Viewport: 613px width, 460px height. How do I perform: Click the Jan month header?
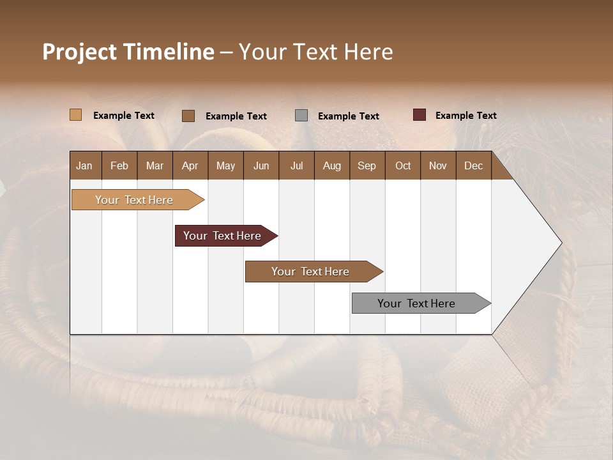[84, 165]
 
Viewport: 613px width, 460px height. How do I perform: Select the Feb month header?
[119, 165]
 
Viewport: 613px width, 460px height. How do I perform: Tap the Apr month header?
[190, 165]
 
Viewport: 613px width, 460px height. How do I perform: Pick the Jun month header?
[261, 165]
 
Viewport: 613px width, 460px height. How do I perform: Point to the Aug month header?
[331, 165]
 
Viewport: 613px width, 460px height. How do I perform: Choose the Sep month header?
[367, 165]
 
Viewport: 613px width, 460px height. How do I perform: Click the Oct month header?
[403, 165]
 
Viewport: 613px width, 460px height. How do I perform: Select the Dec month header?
[473, 165]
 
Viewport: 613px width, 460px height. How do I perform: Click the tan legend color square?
[75, 115]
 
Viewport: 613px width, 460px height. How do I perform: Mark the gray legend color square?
[301, 115]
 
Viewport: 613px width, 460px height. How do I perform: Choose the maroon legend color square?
[419, 115]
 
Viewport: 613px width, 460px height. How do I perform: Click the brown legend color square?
[188, 116]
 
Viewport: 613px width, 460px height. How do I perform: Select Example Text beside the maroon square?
[465, 116]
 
